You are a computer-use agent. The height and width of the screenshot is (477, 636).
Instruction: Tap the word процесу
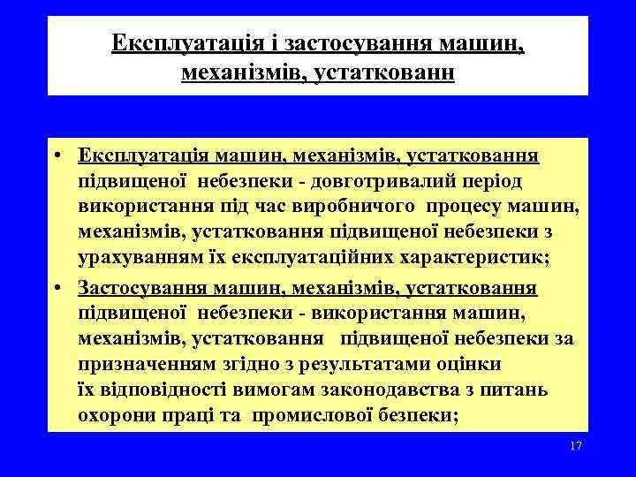pos(466,208)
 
